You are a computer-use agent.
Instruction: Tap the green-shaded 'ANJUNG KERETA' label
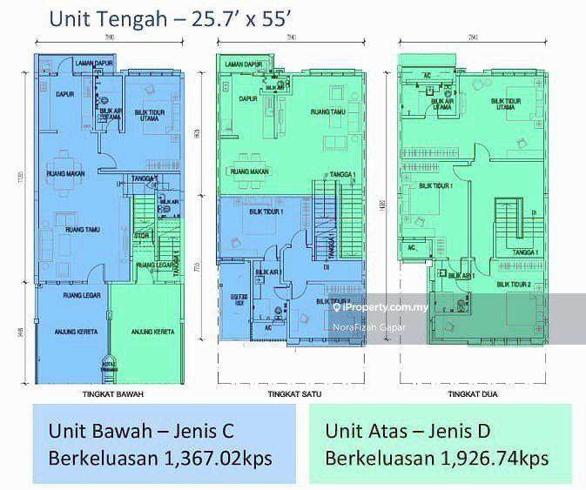click(x=152, y=332)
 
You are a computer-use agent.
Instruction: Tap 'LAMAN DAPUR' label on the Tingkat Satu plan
click(x=244, y=65)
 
